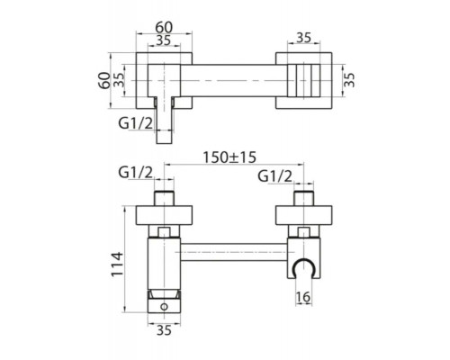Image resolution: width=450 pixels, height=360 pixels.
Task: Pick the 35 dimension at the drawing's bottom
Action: tap(163, 331)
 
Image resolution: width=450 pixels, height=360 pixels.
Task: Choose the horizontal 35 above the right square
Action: tap(302, 39)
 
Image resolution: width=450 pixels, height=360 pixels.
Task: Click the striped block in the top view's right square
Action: tap(302, 80)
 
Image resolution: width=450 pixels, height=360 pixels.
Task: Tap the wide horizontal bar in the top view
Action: tap(234, 80)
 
